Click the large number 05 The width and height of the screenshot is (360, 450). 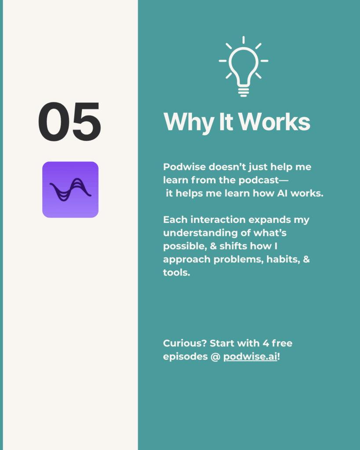point(69,121)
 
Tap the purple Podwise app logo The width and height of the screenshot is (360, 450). point(70,190)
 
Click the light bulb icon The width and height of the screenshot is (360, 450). point(244,67)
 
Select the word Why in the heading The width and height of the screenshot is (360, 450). point(189,122)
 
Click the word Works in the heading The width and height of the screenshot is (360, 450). point(274,122)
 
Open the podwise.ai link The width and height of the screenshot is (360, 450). point(250,357)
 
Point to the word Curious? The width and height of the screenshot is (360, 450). point(185,343)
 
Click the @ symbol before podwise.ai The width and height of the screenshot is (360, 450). point(215,357)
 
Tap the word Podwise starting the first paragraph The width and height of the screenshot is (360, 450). point(184,167)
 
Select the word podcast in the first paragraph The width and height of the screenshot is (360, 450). point(258,180)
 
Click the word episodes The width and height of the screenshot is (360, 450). point(185,357)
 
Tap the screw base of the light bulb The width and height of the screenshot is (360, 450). point(244,91)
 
